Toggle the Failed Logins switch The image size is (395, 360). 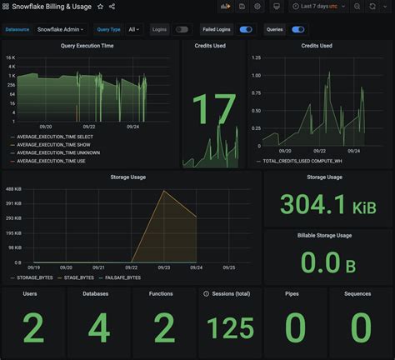tap(245, 29)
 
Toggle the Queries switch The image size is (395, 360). tap(297, 29)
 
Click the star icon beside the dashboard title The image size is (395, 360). tap(101, 7)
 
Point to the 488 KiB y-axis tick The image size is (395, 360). tap(13, 189)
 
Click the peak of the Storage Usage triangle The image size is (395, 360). tap(163, 191)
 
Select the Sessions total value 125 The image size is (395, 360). tap(232, 328)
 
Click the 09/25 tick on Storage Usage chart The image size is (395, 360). tap(227, 268)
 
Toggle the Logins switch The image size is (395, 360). tap(181, 29)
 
